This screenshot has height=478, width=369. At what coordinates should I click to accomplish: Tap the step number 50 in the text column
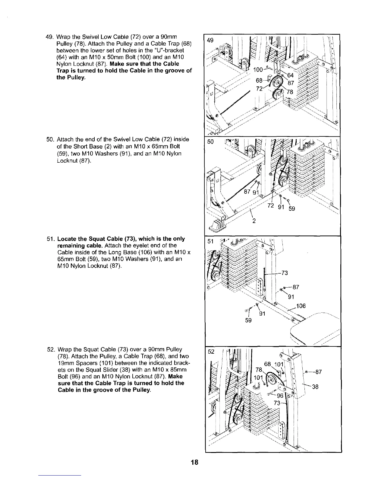click(49, 139)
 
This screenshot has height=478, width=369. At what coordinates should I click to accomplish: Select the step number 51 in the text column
click(49, 239)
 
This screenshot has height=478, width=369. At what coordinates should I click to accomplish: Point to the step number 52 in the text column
click(49, 349)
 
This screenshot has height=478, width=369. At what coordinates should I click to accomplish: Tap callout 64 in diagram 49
click(290, 75)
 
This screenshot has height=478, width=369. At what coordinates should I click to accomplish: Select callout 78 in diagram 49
click(289, 92)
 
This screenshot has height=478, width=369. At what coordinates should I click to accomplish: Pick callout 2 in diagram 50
click(254, 220)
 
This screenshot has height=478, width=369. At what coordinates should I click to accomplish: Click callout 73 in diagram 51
click(284, 273)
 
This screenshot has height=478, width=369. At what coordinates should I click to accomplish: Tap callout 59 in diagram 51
click(248, 320)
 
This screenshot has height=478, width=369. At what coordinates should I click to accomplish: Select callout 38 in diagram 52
click(316, 387)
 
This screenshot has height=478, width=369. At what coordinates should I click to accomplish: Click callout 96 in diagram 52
click(280, 396)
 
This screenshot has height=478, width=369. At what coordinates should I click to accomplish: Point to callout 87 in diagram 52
click(318, 372)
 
